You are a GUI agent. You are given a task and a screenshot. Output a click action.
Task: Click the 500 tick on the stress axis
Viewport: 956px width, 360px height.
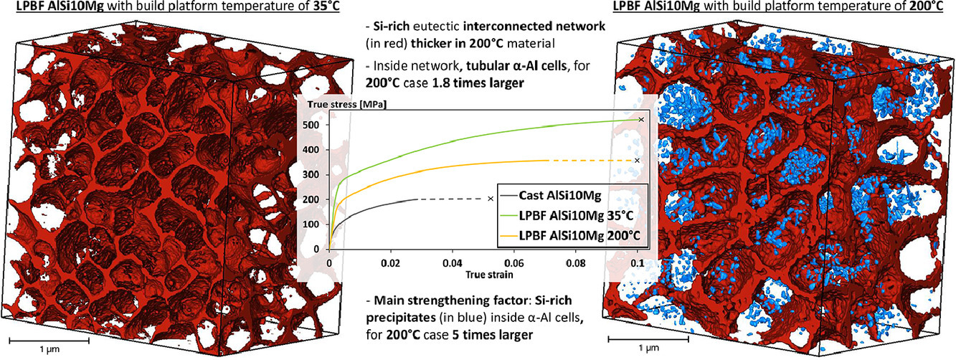(x=318, y=125)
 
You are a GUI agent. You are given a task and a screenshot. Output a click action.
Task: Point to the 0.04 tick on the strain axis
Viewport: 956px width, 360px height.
(x=453, y=263)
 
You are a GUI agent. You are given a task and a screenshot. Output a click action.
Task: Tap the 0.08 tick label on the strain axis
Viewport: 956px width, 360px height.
(x=576, y=263)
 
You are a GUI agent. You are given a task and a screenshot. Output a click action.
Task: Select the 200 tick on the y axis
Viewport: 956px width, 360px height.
(x=318, y=199)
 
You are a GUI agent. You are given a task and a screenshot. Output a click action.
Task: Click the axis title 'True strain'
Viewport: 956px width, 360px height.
(x=489, y=274)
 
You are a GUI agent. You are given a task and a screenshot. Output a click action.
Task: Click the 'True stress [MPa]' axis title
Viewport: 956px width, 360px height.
(x=346, y=105)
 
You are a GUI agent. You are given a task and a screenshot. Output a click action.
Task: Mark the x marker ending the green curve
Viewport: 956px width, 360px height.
(x=641, y=120)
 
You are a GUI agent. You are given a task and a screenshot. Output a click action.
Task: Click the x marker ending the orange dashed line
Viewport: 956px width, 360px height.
(x=637, y=161)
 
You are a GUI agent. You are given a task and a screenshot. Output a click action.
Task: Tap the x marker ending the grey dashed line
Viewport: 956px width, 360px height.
(x=491, y=199)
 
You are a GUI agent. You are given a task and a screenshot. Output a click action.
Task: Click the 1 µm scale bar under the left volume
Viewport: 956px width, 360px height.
(x=49, y=341)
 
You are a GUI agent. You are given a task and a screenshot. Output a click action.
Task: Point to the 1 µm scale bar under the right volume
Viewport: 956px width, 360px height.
(x=648, y=339)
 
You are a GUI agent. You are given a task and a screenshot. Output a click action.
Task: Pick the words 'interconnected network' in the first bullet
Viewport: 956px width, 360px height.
(x=534, y=26)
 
